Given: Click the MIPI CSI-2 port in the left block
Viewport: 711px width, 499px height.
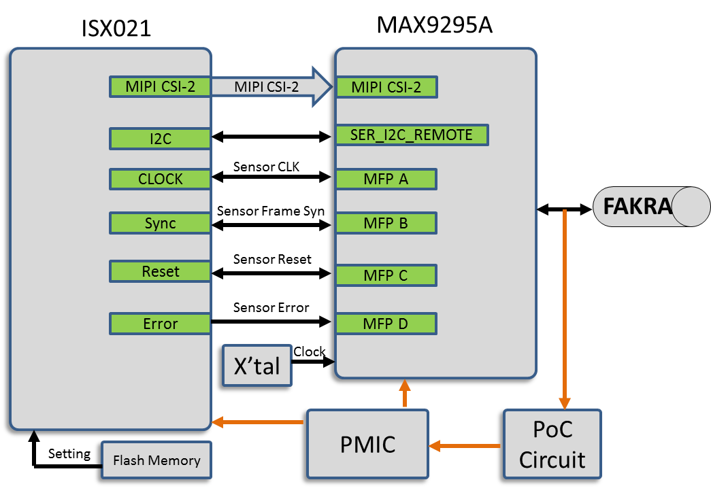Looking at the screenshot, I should (160, 87).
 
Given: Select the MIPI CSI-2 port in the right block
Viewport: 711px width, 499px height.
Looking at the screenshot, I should (386, 87).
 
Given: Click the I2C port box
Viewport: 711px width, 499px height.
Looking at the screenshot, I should (160, 139).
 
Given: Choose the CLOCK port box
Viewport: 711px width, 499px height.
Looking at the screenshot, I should (160, 179).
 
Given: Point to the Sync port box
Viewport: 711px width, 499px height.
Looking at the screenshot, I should (160, 223).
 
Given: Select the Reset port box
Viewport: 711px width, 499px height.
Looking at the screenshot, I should (160, 271).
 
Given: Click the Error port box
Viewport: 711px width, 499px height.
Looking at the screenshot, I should (160, 324).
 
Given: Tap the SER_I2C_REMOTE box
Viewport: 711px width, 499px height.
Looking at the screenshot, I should (412, 135).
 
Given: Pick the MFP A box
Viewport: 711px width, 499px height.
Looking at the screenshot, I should (386, 179).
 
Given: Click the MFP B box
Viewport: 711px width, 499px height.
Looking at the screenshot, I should (386, 223).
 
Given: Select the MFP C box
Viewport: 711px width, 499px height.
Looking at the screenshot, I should (386, 275).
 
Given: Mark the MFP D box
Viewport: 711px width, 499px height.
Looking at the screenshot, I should (386, 324).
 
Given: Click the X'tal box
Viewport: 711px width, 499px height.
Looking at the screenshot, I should (257, 366).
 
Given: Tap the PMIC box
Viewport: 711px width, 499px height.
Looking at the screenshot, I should (367, 444).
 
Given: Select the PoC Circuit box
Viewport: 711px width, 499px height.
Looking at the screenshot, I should (552, 444).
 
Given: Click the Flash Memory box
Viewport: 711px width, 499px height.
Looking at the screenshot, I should (156, 460).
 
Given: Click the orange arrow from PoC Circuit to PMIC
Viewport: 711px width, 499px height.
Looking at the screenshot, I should (466, 446).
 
